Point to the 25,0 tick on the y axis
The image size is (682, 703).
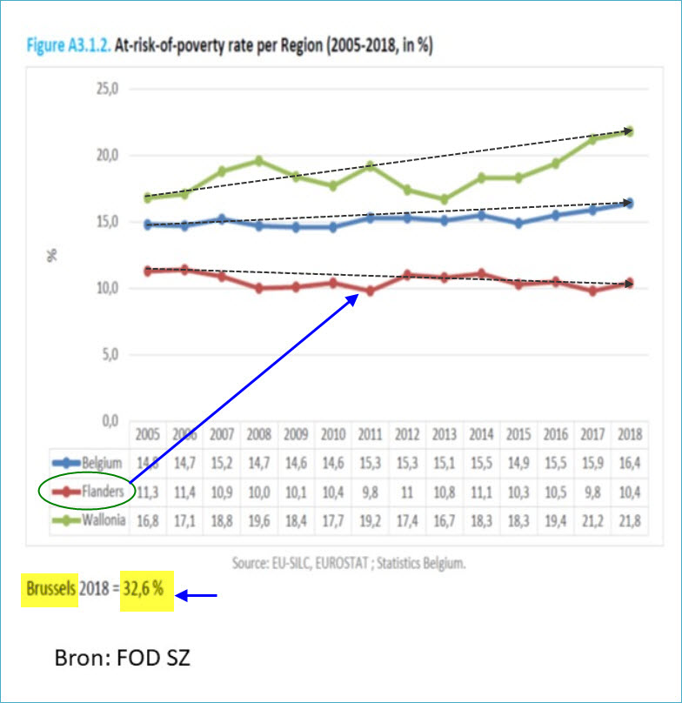(106, 89)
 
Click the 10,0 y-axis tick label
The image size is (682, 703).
(106, 288)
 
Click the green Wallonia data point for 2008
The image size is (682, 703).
(258, 160)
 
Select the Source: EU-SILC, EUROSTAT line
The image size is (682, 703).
(348, 563)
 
